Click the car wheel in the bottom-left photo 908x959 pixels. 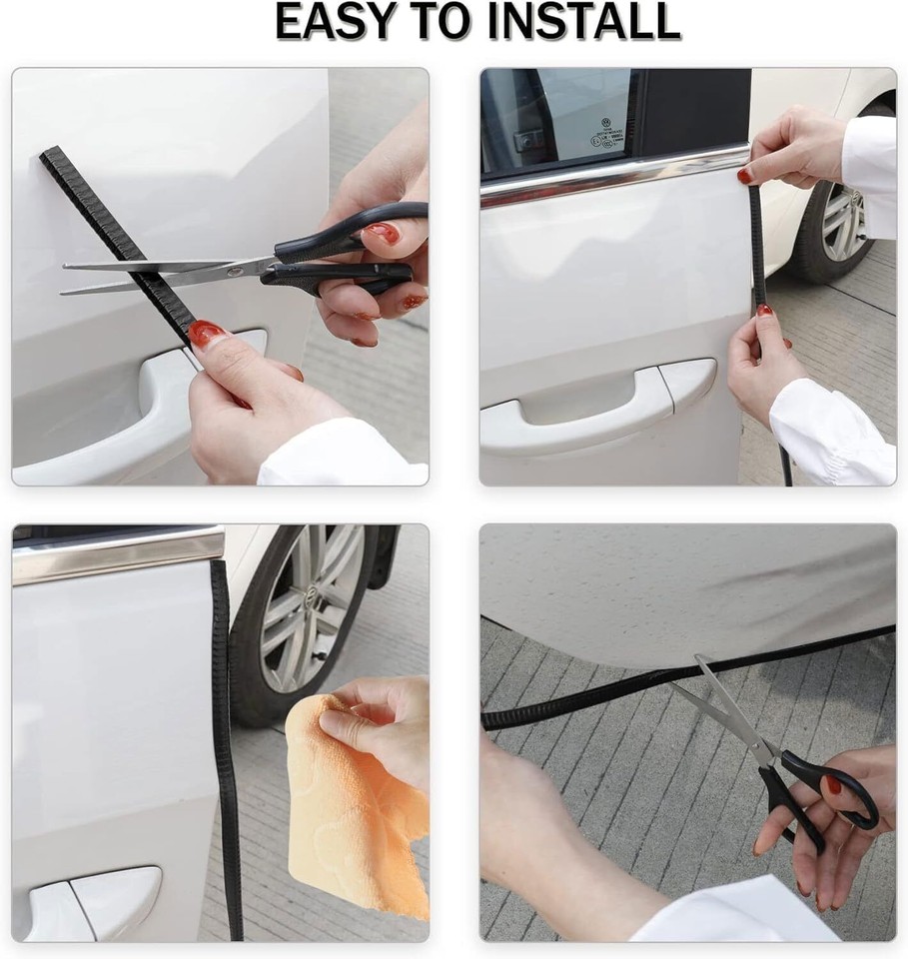coord(305,609)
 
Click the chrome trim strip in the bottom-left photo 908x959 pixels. coord(115,554)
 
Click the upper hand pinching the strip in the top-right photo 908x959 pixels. coord(794,150)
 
